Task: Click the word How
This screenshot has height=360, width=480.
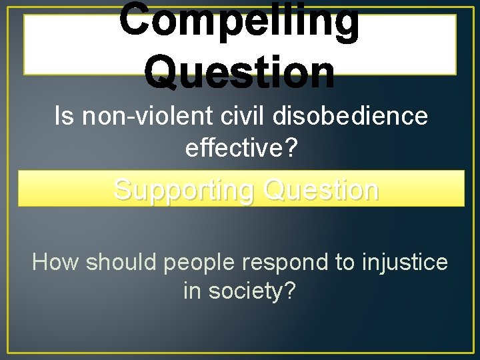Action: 56,262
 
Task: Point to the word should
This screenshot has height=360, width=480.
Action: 122,262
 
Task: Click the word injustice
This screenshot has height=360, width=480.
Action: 405,263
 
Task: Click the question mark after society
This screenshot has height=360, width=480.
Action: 290,291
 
